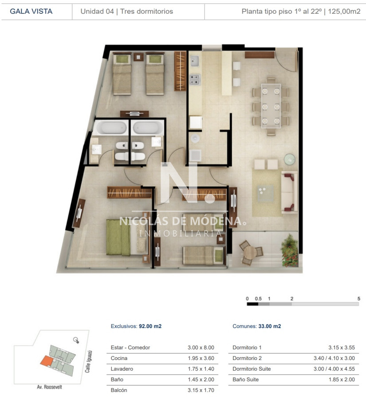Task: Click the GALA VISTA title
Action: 31,12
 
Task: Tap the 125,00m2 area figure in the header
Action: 344,12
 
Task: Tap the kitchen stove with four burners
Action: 194,79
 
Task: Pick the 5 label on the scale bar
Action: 358,299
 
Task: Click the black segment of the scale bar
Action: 252,304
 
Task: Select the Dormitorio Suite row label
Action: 252,369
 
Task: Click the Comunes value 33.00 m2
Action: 269,326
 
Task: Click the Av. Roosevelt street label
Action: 49,387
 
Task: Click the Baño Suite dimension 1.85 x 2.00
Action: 342,379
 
